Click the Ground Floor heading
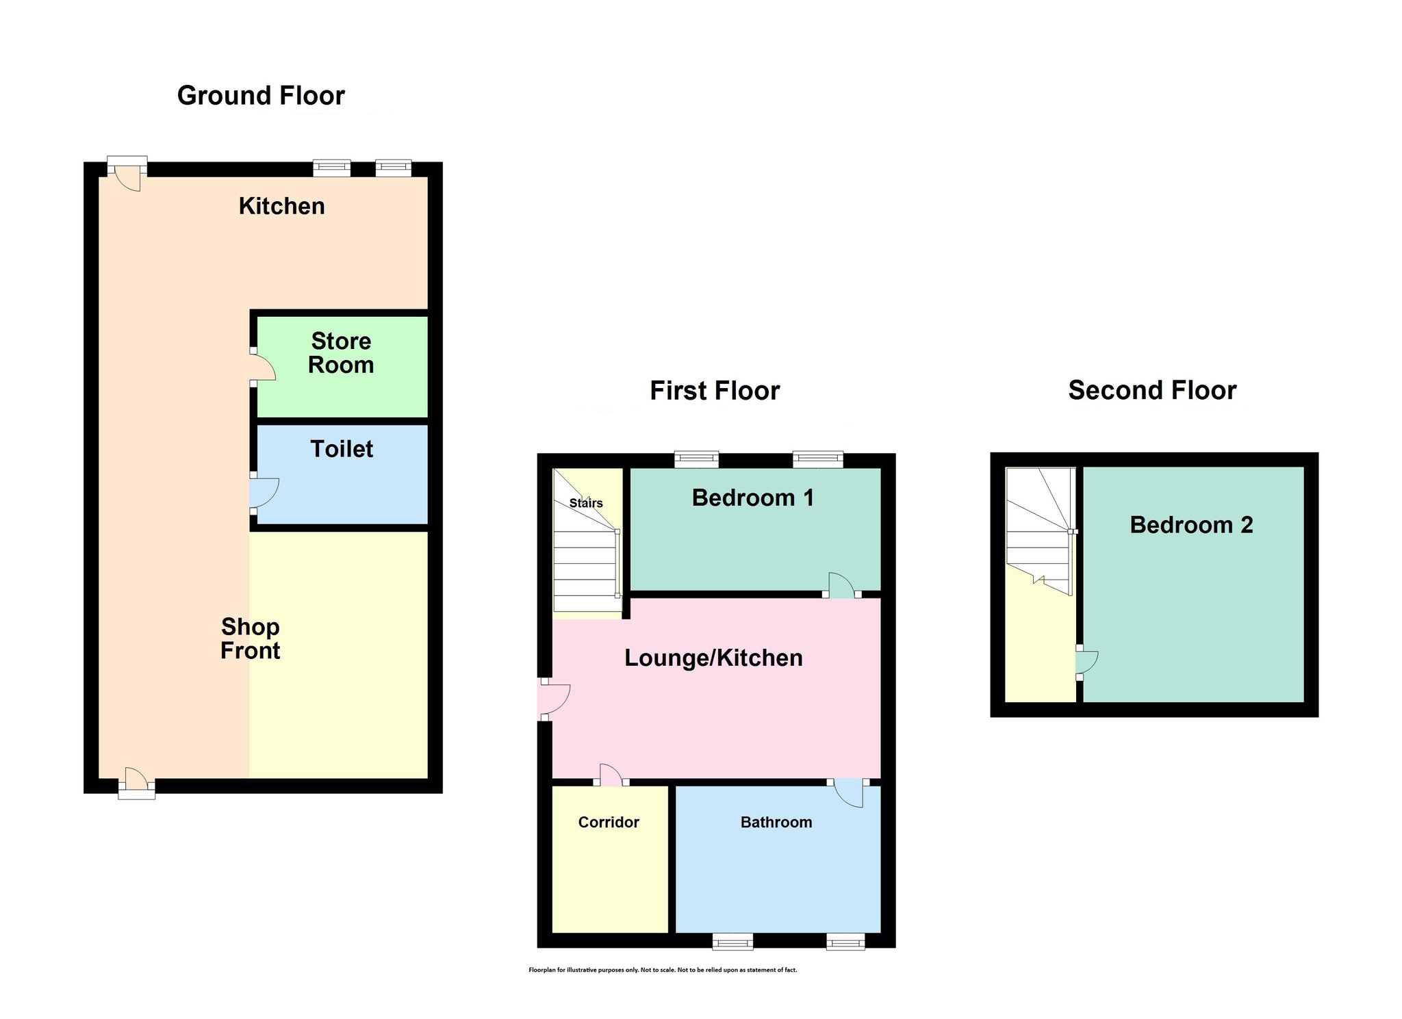coord(261,96)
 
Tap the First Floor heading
coord(715,391)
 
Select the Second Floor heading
coord(1152,390)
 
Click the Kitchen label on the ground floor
coord(281,206)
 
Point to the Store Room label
coord(341,353)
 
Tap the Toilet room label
coord(342,449)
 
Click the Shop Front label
coord(251,639)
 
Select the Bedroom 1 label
coord(753,498)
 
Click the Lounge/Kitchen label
coord(713,658)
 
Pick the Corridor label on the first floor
coord(609,823)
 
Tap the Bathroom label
coord(776,823)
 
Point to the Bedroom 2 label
coord(1191,525)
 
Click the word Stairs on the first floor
coord(586,503)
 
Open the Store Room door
coord(263,367)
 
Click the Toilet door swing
coord(265,493)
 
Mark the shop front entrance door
coord(136,782)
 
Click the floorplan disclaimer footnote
coord(663,970)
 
